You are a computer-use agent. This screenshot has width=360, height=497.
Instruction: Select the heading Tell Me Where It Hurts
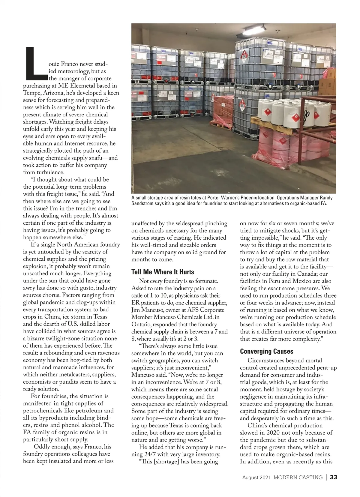click(x=163, y=272)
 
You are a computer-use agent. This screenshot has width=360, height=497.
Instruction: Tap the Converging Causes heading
click(x=267, y=351)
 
